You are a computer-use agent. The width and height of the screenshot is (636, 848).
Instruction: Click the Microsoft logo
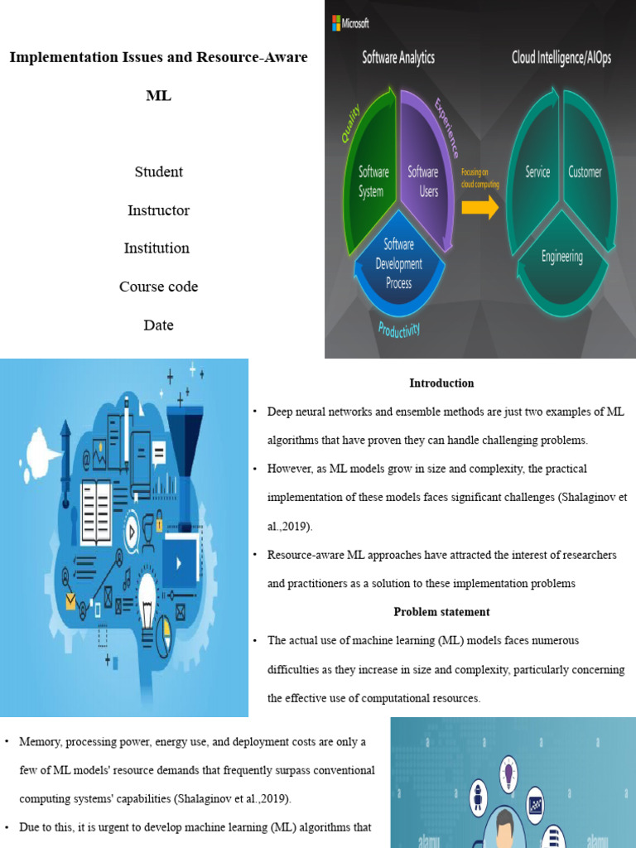coord(350,23)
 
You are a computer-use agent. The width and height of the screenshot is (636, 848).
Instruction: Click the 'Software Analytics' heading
coord(398,58)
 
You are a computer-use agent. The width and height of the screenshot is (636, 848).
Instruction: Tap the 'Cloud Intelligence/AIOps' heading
coord(561,58)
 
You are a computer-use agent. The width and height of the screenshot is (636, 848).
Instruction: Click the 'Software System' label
coord(373,181)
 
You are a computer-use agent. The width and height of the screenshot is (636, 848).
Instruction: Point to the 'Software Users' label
coord(422,181)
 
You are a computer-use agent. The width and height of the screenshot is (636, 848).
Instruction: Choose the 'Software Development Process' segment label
coord(398,263)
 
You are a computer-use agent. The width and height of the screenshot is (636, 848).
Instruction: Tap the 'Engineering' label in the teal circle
coord(561,257)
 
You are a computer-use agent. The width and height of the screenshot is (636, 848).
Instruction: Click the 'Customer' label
coord(585,172)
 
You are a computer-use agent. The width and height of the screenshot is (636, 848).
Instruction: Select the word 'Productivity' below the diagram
coord(398,329)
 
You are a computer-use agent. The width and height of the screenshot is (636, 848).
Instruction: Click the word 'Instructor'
coord(158,210)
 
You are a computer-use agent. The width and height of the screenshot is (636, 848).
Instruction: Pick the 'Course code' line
coord(158,287)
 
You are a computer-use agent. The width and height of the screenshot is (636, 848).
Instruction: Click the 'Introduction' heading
coord(441,383)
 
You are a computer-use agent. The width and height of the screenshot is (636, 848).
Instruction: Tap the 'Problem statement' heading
coord(441,612)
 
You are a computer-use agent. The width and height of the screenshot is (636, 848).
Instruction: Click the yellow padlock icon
coord(158,525)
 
